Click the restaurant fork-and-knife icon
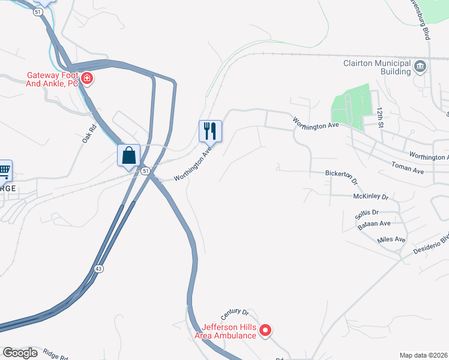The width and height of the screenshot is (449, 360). tap(210, 130)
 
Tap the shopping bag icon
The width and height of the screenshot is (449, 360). tap(128, 155)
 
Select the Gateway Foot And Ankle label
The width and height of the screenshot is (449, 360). tap(52, 79)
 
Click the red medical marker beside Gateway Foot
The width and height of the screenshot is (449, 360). tap(87, 79)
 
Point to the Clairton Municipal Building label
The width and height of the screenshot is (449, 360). tap(376, 66)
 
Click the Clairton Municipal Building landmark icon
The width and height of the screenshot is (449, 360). tap(420, 66)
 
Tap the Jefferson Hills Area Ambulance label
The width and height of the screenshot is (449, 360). tap(229, 331)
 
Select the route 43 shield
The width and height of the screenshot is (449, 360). tap(98, 268)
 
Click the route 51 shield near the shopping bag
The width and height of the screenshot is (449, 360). tap(145, 171)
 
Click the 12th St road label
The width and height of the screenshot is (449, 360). tap(380, 117)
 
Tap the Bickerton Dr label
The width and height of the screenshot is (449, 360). tap(341, 177)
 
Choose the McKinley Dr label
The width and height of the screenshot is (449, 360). tap(371, 196)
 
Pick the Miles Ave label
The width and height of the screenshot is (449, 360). tap(391, 239)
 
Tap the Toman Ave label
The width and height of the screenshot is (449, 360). tap(408, 167)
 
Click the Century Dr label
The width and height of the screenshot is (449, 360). tap(234, 313)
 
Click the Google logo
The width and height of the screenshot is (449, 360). tap(20, 353)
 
